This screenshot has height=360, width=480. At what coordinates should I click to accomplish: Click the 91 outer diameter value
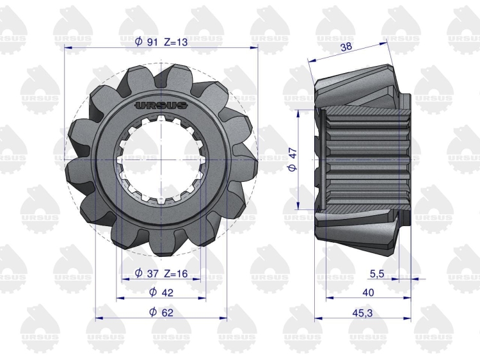pyautogui.click(x=152, y=42)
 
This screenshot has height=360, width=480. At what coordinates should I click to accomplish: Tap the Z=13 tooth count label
pyautogui.click(x=176, y=42)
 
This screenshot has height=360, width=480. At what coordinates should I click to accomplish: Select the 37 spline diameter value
pyautogui.click(x=152, y=273)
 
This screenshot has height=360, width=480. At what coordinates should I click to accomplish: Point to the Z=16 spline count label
pyautogui.click(x=176, y=273)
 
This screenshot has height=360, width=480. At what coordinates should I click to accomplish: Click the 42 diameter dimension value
pyautogui.click(x=167, y=293)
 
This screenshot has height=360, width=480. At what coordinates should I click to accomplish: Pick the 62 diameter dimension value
pyautogui.click(x=167, y=312)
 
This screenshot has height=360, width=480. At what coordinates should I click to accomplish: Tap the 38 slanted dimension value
pyautogui.click(x=346, y=47)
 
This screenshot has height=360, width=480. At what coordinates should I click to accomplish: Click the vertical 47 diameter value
pyautogui.click(x=293, y=153)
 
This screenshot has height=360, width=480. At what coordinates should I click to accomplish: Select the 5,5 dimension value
pyautogui.click(x=377, y=274)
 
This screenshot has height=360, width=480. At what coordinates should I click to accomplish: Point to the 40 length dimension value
pyautogui.click(x=368, y=293)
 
